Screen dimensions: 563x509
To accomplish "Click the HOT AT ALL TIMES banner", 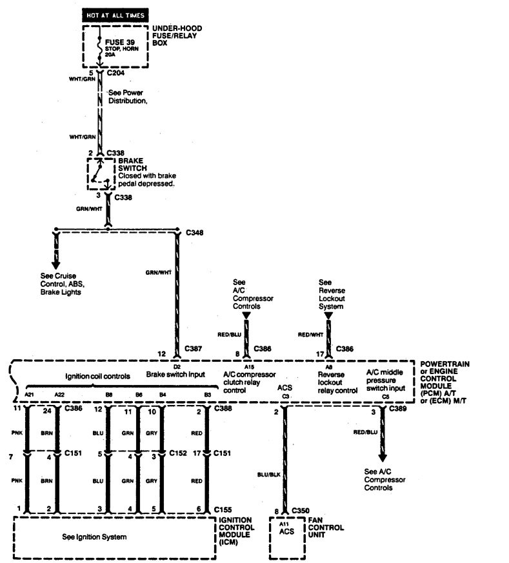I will pyautogui.click(x=115, y=14).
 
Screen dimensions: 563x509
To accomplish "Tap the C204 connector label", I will pyautogui.click(x=115, y=74).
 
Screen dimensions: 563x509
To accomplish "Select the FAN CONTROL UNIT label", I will pyautogui.click(x=326, y=528).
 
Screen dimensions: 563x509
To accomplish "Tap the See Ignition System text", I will pyautogui.click(x=94, y=537).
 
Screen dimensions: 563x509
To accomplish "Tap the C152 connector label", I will pyautogui.click(x=177, y=453).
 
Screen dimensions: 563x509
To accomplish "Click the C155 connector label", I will pyautogui.click(x=223, y=509).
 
